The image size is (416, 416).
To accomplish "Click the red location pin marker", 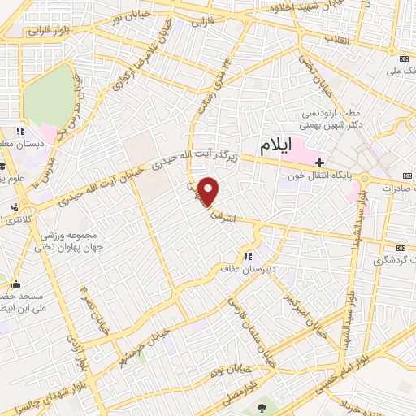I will click(210, 191).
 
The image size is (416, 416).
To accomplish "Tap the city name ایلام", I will click(275, 146).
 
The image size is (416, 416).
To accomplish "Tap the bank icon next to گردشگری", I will click(400, 248).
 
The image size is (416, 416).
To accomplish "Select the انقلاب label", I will click(335, 38).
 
